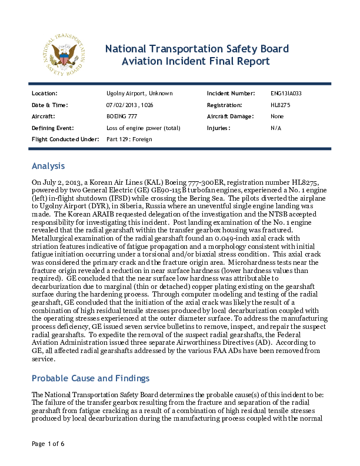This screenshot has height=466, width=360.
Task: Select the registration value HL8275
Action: [x=281, y=105]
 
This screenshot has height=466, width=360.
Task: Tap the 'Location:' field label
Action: [x=44, y=94]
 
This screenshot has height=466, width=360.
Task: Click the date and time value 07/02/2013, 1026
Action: [x=129, y=105]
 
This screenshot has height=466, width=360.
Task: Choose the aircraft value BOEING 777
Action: [x=121, y=116]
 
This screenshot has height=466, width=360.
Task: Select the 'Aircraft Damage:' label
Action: [x=230, y=116]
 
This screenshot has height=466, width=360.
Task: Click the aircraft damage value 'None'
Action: [x=277, y=116]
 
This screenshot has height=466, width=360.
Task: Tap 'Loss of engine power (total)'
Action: [x=143, y=128]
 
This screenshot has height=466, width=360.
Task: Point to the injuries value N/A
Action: [x=275, y=128]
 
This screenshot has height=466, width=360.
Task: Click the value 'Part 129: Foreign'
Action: [x=129, y=139]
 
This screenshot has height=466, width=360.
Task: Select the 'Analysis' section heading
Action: [x=48, y=166]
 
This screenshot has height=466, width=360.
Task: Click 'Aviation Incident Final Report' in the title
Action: [x=196, y=61]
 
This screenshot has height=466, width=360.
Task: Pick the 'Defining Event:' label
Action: [x=52, y=128]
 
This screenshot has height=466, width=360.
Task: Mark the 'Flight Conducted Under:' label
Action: [x=65, y=139]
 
